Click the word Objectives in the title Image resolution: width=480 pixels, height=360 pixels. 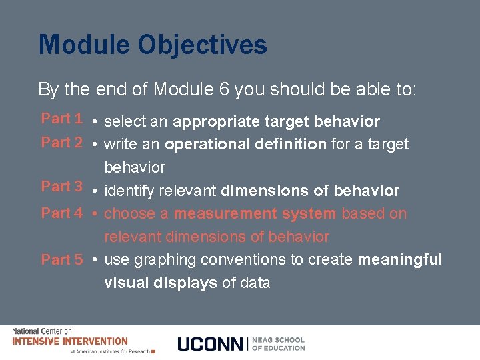click(x=203, y=45)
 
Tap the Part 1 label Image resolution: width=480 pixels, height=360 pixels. click(x=61, y=119)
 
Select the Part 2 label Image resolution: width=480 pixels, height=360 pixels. click(x=61, y=142)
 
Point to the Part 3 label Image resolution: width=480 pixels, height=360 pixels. click(x=61, y=187)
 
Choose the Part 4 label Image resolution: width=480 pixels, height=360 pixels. click(x=61, y=213)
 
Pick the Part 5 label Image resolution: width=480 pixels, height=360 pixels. click(x=61, y=259)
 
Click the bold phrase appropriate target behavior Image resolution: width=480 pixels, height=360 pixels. click(x=276, y=121)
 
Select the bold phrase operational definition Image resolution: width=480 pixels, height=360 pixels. click(x=245, y=144)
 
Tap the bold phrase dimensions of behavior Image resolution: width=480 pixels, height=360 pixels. click(x=310, y=191)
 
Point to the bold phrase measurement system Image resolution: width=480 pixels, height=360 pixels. click(x=255, y=214)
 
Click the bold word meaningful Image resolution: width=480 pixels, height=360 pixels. click(x=400, y=259)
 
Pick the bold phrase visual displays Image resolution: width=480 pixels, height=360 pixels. click(x=161, y=283)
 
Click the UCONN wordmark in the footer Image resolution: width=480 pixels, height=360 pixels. click(x=211, y=344)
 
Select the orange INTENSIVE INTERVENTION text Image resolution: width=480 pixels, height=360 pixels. click(x=70, y=341)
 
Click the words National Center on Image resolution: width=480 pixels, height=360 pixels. click(x=41, y=331)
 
